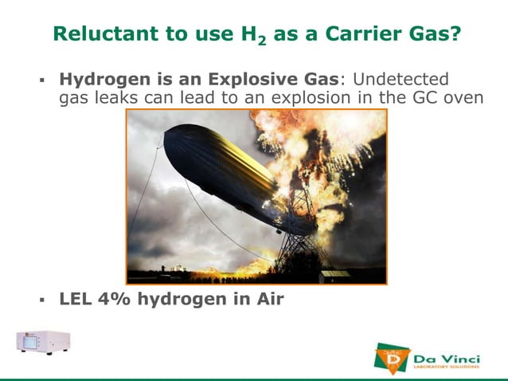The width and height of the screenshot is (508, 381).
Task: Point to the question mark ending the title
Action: click(x=455, y=34)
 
